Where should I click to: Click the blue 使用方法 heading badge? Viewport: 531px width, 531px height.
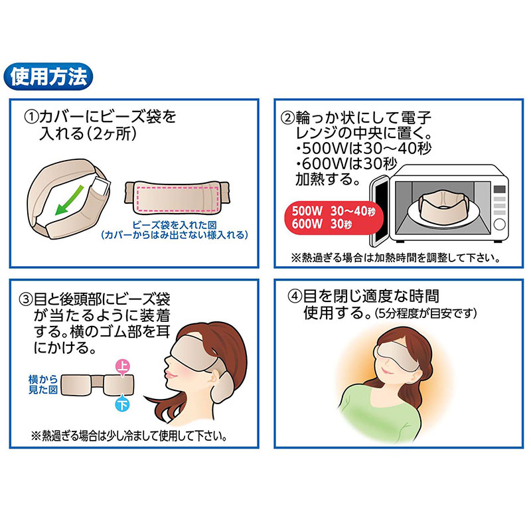(48, 76)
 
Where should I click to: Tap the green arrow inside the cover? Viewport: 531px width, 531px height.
(69, 200)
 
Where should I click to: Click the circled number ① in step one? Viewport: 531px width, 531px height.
(31, 117)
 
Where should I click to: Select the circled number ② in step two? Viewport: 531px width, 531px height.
(287, 117)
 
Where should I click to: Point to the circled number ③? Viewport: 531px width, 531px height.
(25, 300)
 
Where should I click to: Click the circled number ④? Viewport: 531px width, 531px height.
(294, 296)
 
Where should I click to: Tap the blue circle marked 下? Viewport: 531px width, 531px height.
(123, 404)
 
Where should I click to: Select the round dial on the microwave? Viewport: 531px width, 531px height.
(500, 224)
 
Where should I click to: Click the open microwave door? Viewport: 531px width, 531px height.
(379, 210)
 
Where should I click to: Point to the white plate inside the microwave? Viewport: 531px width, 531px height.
(443, 215)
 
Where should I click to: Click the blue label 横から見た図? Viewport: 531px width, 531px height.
(42, 384)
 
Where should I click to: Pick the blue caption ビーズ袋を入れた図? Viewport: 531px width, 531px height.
(175, 224)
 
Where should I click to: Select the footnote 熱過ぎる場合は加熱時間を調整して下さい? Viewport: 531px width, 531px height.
(396, 258)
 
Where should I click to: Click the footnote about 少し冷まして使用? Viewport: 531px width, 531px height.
(129, 436)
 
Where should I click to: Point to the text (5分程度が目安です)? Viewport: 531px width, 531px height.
(426, 313)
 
